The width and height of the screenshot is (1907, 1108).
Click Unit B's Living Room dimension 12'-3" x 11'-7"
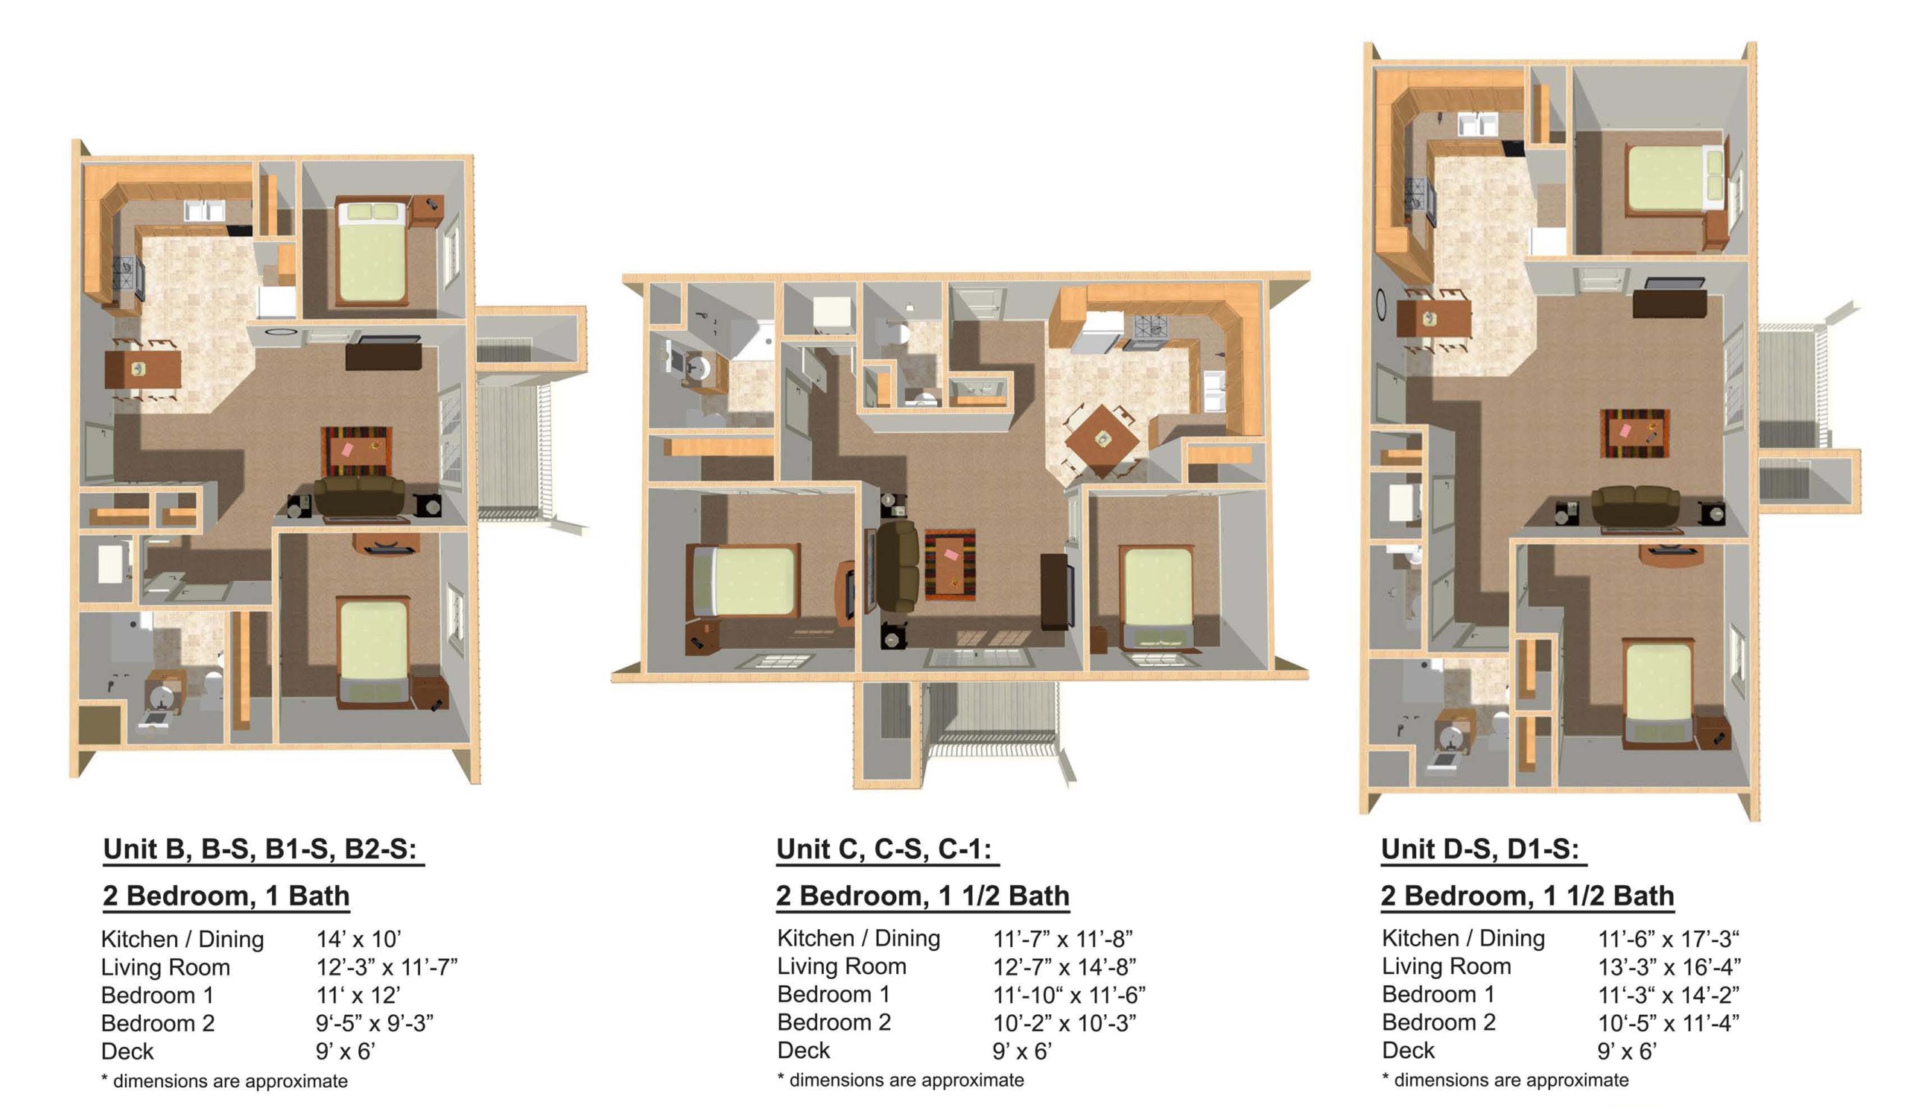(387, 967)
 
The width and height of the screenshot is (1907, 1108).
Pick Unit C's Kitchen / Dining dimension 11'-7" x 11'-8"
(1062, 939)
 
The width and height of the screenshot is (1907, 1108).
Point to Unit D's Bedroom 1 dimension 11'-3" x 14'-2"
(1668, 995)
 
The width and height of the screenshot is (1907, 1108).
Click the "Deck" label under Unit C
(803, 1051)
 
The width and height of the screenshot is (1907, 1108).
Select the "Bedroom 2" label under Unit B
(157, 1023)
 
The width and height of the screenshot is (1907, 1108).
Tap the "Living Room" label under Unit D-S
(1446, 966)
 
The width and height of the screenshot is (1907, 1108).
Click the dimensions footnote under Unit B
(224, 1081)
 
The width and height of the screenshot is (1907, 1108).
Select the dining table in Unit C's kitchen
(1102, 439)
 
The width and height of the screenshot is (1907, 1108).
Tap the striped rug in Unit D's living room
(1634, 433)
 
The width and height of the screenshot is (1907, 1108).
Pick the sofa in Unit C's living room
(897, 566)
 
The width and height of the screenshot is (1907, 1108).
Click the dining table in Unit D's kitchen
(1432, 319)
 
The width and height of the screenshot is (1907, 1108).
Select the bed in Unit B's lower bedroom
(374, 651)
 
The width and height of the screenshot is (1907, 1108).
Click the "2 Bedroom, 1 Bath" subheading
(226, 896)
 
